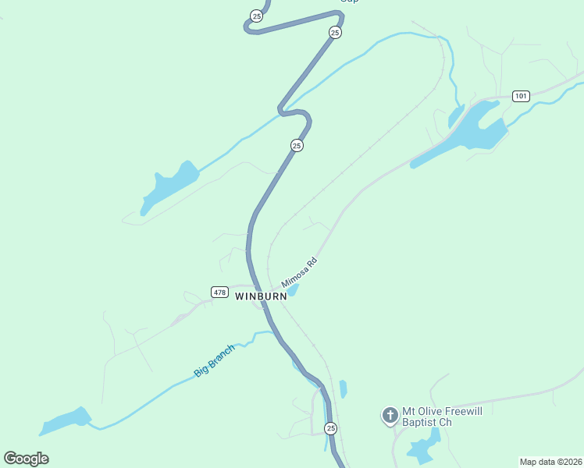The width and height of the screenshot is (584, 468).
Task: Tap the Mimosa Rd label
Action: tap(300, 272)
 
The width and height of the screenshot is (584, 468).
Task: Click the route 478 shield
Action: tap(219, 292)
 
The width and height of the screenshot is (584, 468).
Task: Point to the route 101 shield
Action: tap(522, 96)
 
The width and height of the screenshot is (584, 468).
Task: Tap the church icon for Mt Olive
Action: tap(390, 415)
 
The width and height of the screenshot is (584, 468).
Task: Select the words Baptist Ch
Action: tap(427, 423)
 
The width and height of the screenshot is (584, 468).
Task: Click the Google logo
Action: tap(26, 459)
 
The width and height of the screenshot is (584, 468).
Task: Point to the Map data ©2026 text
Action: tap(550, 461)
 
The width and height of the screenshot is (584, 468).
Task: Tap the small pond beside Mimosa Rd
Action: tap(293, 292)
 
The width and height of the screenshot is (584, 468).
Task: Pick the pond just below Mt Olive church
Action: tap(423, 448)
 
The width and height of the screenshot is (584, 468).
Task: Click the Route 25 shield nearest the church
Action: tap(331, 429)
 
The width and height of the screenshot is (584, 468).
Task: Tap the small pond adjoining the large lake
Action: tap(456, 117)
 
